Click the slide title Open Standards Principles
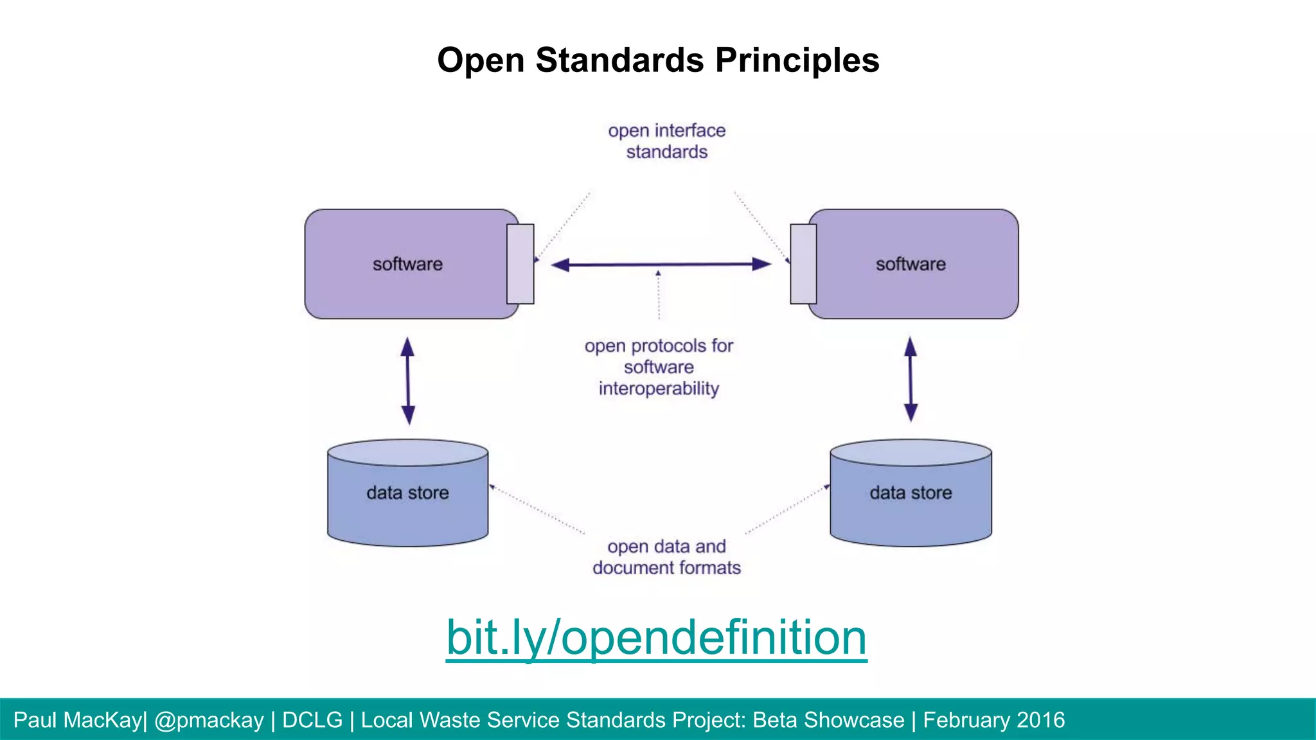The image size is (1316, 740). tap(658, 60)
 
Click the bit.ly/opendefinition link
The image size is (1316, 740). tap(656, 637)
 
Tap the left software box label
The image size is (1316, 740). tap(407, 264)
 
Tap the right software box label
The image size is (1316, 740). tap(911, 264)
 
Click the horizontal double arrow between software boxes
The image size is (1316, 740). tap(661, 264)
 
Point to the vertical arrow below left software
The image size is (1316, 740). tap(407, 380)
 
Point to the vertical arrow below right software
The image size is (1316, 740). tap(911, 379)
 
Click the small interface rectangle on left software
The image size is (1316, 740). tap(520, 264)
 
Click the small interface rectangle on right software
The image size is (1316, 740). tap(803, 264)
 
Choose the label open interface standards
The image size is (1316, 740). tap(667, 141)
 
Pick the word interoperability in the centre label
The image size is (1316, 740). tap(659, 389)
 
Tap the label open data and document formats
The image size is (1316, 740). tap(666, 557)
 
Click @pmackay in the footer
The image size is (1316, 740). tap(209, 720)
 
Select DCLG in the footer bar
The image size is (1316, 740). tap(312, 720)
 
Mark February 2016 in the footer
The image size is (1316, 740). tap(994, 720)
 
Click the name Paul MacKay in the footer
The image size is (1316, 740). tap(77, 720)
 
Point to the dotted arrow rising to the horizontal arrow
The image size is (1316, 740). tap(659, 295)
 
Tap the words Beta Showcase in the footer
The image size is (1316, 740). tap(828, 720)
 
